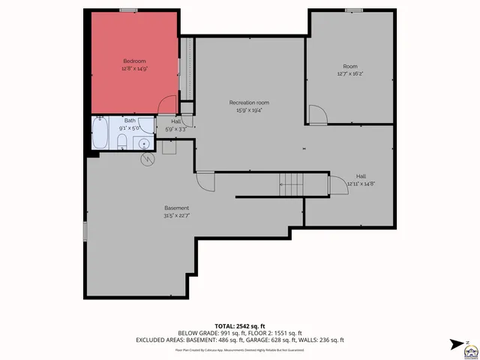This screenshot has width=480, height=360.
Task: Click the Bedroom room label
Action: [134, 60]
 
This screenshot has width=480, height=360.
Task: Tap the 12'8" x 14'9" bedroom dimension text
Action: [134, 68]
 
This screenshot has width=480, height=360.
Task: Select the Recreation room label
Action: [249, 102]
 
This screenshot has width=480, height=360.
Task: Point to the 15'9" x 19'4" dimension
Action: [249, 110]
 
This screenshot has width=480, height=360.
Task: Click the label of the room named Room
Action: [349, 66]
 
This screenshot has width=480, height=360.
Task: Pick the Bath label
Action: [130, 120]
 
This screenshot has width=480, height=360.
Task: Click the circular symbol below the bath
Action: [146, 158]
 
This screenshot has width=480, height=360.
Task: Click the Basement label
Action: [177, 208]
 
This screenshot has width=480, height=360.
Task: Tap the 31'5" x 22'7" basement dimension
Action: [177, 216]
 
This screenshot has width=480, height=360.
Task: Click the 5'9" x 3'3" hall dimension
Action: [175, 129]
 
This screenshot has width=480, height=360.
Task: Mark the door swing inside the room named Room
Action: [317, 114]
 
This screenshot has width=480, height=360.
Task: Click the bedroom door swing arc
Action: [168, 105]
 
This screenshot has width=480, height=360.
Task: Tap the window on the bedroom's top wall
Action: [129, 10]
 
